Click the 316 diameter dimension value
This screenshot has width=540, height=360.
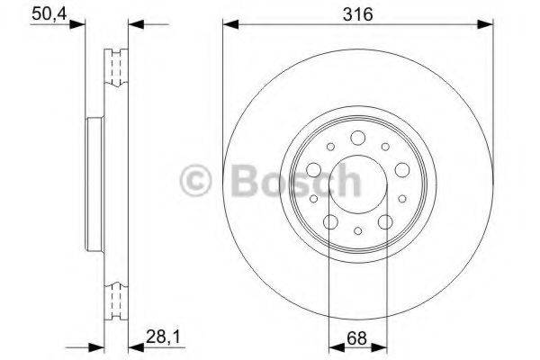coord(357,13)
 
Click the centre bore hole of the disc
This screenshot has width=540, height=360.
coord(357,184)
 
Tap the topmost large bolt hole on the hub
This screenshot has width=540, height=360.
coord(357,137)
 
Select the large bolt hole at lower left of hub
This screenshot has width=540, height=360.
coord(329,221)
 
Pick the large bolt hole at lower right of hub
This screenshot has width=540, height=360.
coord(385,221)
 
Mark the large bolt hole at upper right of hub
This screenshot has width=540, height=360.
coord(402,169)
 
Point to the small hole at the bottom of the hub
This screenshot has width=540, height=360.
coord(357,231)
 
